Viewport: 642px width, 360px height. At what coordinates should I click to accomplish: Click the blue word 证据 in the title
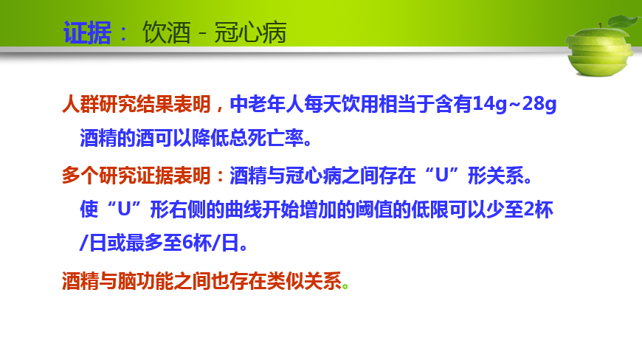click(87, 32)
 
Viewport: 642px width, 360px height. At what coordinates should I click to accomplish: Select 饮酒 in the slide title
click(166, 32)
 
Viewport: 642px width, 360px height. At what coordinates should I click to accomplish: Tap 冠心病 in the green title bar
click(251, 32)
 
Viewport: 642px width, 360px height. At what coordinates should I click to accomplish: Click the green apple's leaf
click(624, 21)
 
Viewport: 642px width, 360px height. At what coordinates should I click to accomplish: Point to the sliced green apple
click(599, 52)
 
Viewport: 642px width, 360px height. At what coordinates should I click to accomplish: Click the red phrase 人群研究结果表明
click(137, 104)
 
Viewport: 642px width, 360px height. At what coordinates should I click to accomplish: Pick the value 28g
click(539, 104)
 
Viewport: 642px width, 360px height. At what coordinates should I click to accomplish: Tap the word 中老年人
click(266, 104)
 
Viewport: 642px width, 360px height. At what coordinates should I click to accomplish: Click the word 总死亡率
click(266, 138)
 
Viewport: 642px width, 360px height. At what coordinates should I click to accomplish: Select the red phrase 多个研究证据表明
click(137, 176)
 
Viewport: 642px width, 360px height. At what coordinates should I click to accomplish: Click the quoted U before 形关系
click(442, 176)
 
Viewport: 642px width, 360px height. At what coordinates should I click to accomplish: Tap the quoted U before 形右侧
click(124, 210)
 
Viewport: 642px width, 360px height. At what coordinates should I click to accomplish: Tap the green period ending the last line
click(345, 286)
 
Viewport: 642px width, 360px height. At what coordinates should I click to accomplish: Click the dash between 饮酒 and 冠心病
click(202, 33)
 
